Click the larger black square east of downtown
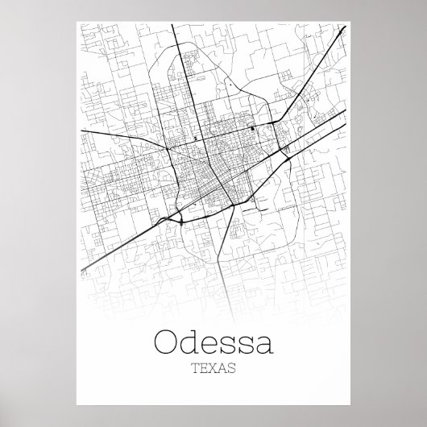coord(252,127)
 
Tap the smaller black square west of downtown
coord(196,138)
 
